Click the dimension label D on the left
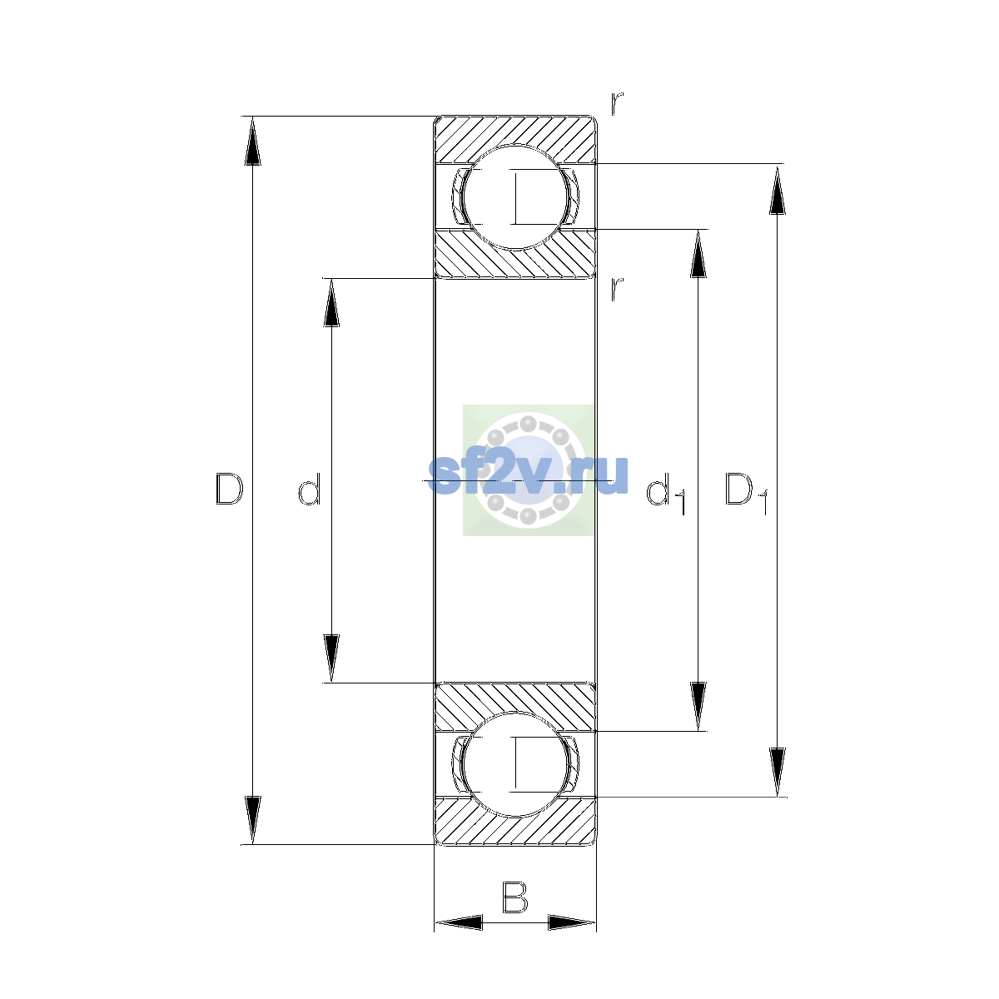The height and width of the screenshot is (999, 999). pyautogui.click(x=229, y=489)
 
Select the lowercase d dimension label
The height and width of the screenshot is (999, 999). pyautogui.click(x=310, y=489)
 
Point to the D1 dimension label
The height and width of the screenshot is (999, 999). pyautogui.click(x=746, y=493)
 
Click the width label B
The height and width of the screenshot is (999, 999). pyautogui.click(x=514, y=897)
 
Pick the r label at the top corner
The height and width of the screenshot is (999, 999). pyautogui.click(x=616, y=104)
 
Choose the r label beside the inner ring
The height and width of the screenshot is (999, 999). pyautogui.click(x=616, y=290)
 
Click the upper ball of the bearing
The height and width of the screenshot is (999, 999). pyautogui.click(x=514, y=196)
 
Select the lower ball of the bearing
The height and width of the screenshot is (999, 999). pyautogui.click(x=514, y=765)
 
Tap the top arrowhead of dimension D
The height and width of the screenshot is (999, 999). pyautogui.click(x=252, y=141)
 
